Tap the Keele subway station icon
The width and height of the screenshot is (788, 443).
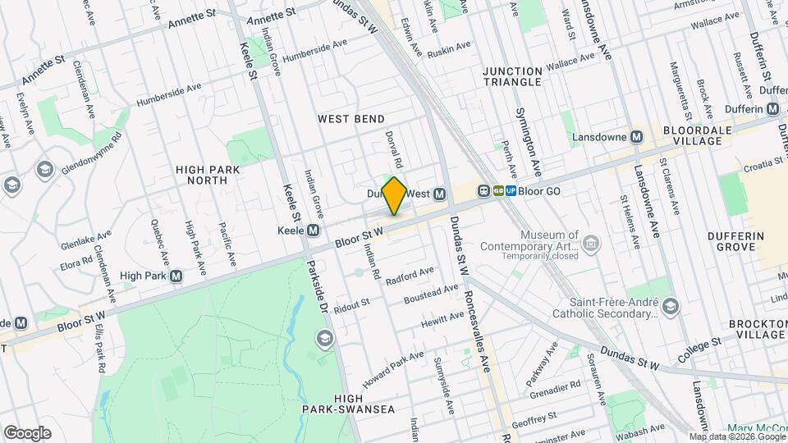coord(313,231)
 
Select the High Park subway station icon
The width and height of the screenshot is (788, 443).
coord(175,276)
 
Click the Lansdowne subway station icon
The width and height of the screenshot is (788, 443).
coord(636,137)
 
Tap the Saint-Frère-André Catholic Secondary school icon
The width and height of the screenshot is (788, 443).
coord(671,307)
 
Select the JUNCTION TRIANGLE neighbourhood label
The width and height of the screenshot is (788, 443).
coord(513,76)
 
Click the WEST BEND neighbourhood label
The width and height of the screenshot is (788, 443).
coord(351,119)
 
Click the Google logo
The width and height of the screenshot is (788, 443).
coord(27,432)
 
